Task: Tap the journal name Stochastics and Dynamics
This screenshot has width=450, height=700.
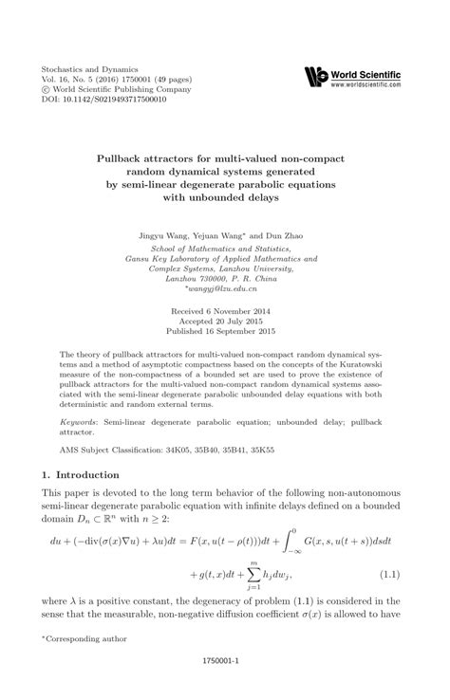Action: [89, 70]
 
